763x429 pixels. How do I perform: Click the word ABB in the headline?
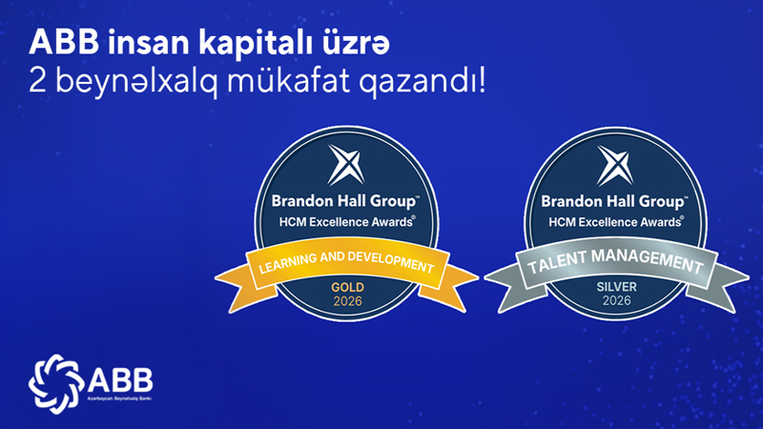(x=64, y=42)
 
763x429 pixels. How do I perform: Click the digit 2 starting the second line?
(x=36, y=80)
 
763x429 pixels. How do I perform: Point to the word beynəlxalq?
(x=136, y=81)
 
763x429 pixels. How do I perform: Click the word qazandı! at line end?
(x=423, y=82)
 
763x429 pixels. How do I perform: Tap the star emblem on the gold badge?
(x=346, y=165)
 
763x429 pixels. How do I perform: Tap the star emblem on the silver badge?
(x=615, y=165)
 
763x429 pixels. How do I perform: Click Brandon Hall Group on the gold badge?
(x=345, y=201)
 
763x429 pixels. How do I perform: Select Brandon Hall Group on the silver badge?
(x=614, y=201)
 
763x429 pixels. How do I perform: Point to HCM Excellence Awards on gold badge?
(x=347, y=222)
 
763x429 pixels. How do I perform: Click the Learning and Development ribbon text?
(x=346, y=263)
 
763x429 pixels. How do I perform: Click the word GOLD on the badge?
(x=347, y=287)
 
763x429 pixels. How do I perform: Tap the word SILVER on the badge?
(x=616, y=287)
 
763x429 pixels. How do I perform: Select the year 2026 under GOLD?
(x=347, y=301)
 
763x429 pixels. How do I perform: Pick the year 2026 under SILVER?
(x=616, y=300)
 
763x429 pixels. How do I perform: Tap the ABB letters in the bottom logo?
(x=120, y=379)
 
